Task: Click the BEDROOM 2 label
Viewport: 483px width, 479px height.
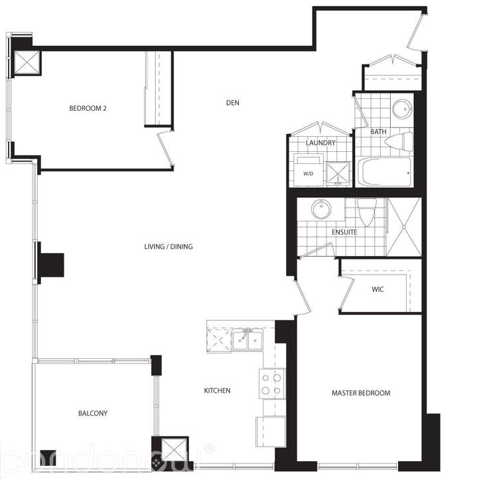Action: (x=88, y=109)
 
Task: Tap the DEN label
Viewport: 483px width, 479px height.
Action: (x=232, y=102)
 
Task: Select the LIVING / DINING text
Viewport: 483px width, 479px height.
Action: (x=169, y=247)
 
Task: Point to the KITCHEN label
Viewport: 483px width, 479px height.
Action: (x=217, y=391)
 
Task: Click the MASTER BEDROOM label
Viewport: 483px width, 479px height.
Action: (x=361, y=393)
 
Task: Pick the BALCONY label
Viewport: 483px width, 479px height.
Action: (x=93, y=413)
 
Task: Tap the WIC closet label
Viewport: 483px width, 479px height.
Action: (x=378, y=290)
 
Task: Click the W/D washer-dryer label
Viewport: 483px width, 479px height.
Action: (x=309, y=174)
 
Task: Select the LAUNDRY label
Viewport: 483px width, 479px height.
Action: (x=320, y=143)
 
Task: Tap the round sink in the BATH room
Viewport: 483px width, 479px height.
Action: (x=402, y=109)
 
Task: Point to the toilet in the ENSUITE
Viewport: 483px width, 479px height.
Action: (x=366, y=212)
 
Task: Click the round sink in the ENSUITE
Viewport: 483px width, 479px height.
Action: (x=321, y=210)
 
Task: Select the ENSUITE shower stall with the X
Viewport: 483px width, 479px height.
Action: (x=404, y=226)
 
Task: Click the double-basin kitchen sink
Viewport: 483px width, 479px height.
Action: (x=247, y=341)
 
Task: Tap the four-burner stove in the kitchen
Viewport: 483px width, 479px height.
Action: (x=272, y=383)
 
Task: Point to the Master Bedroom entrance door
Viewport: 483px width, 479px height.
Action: (x=302, y=297)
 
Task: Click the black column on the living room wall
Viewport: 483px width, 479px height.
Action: (x=50, y=265)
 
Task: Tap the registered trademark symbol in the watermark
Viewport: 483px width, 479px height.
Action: (x=208, y=449)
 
